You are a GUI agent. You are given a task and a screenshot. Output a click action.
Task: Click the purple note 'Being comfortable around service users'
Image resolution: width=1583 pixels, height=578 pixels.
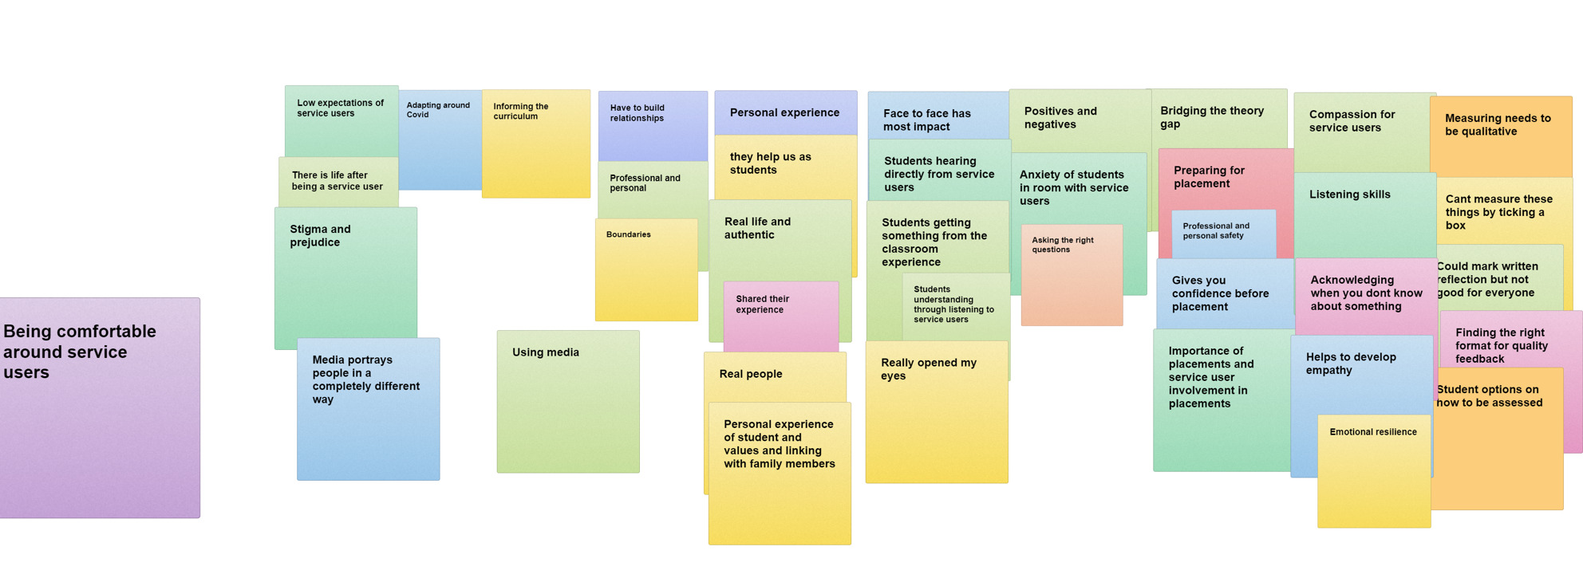(x=100, y=407)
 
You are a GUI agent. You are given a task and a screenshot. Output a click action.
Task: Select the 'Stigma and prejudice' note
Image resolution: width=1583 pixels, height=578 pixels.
(x=345, y=279)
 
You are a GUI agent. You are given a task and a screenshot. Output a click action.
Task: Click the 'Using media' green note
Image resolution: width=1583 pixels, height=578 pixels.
(x=567, y=403)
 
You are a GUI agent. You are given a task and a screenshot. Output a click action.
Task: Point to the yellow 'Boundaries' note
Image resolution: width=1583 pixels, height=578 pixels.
(x=646, y=271)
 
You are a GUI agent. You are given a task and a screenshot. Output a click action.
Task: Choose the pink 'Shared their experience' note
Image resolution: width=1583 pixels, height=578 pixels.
(x=780, y=315)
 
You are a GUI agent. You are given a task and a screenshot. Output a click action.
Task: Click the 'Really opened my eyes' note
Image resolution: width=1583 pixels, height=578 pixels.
(x=936, y=415)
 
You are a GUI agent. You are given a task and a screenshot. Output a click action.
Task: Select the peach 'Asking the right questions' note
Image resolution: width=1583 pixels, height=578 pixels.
(x=1072, y=275)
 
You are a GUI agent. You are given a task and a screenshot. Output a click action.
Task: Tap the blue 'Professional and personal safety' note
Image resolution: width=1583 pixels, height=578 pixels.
(x=1222, y=233)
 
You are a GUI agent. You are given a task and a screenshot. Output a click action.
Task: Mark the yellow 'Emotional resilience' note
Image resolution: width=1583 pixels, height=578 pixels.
(x=1373, y=474)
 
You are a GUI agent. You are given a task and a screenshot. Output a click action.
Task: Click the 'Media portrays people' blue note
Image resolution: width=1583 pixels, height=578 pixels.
(x=368, y=411)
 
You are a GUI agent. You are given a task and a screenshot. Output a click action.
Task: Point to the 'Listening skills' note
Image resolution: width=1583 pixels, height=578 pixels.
(x=1364, y=215)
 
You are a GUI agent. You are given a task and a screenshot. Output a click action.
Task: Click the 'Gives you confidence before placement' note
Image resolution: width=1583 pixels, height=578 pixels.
(x=1223, y=293)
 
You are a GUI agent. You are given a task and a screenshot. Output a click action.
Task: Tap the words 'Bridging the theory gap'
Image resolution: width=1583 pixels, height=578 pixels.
(x=1211, y=117)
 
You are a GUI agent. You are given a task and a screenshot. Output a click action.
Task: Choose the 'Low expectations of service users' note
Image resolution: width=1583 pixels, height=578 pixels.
(x=341, y=120)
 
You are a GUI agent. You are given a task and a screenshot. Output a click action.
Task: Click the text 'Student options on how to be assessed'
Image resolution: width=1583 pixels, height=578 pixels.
(x=1489, y=396)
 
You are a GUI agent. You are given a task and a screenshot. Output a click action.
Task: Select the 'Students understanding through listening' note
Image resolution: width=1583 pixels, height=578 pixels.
(x=954, y=305)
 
